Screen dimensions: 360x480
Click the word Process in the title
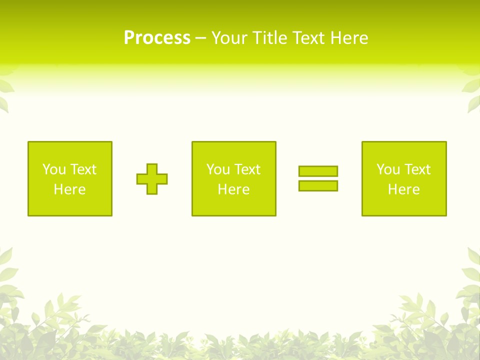157,38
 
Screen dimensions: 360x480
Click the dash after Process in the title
200,39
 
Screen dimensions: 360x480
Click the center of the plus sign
152,179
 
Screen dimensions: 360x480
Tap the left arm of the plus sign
141,179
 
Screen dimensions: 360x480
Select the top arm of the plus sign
152,168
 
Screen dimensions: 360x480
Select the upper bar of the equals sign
318,171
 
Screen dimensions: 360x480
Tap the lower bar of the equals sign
318,186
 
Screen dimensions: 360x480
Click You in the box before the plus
54,169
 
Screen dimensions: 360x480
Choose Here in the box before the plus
69,189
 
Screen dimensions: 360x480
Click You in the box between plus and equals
218,169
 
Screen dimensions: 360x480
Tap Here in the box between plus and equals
233,189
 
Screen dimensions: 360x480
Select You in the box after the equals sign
388,169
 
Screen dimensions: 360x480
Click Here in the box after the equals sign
403,189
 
